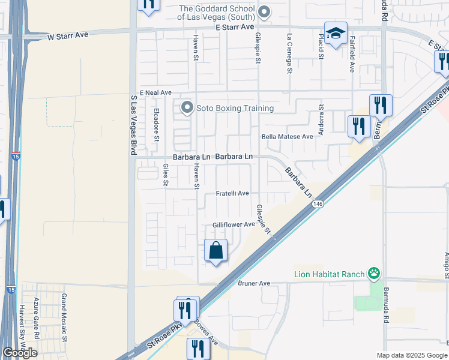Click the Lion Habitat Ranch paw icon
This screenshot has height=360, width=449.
click(375, 274)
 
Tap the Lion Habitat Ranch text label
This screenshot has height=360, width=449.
click(330, 275)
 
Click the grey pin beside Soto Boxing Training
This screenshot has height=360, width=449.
click(187, 108)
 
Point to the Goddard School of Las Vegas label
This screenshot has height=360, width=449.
click(219, 13)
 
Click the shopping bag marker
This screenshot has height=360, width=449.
click(216, 250)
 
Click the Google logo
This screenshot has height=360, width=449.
click(19, 353)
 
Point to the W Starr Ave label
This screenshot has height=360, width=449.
click(68, 35)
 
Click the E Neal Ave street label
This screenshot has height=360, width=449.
click(155, 93)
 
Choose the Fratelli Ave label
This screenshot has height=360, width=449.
click(232, 194)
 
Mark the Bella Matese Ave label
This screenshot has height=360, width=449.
click(288, 137)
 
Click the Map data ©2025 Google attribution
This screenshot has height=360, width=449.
click(412, 355)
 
